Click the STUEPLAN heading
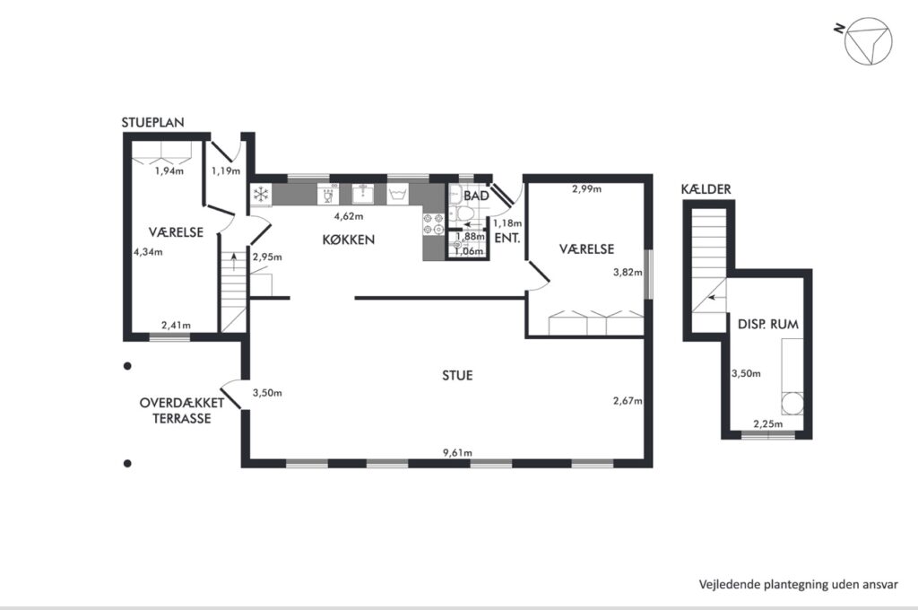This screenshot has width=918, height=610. coord(152,123)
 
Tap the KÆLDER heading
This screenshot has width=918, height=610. coord(706,189)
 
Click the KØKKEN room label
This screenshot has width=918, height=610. coord(349,240)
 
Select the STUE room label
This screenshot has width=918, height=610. coord(457,376)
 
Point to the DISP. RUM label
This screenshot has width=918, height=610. coord(768,325)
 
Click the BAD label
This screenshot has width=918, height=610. coord(476,196)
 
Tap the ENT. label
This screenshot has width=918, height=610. coord(507,239)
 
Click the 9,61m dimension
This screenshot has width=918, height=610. coord(457,453)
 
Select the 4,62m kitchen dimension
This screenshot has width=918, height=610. coord(349,216)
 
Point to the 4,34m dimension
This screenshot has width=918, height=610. coord(148,252)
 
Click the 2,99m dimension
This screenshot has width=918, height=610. coord(586,188)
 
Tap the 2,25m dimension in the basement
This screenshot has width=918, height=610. coord(767,424)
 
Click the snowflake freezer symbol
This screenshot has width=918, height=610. coord(261,195)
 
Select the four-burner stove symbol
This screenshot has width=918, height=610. coord(434,224)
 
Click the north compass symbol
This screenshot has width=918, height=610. coord(868,41)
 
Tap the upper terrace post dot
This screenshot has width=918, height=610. coord(127,366)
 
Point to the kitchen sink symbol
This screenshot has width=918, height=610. coord(364,194)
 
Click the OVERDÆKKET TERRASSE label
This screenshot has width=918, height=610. coord(181,411)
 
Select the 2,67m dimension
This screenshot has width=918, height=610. coord(628,401)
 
